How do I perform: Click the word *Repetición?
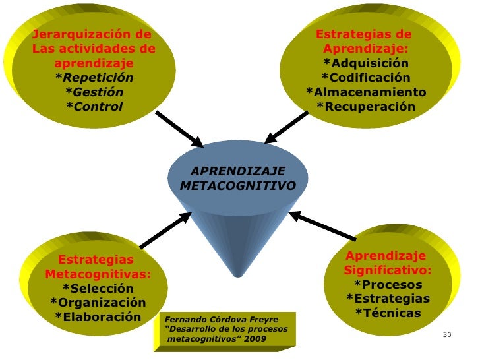[x=94, y=78]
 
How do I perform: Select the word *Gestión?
[x=94, y=92]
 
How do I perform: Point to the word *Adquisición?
[x=366, y=63]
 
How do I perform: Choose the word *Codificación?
[x=366, y=78]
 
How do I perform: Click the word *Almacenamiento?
[x=366, y=92]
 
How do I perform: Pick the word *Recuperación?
[x=366, y=107]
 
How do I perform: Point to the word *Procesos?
[x=388, y=285]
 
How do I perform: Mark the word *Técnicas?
[x=388, y=313]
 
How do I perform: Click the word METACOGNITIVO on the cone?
[x=237, y=186]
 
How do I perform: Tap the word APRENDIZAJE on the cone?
[x=237, y=171]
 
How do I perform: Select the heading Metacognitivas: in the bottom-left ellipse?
[x=98, y=274]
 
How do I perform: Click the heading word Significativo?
[x=388, y=270]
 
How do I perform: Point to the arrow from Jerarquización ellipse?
[x=179, y=128]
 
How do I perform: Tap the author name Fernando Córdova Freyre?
[x=222, y=320]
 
